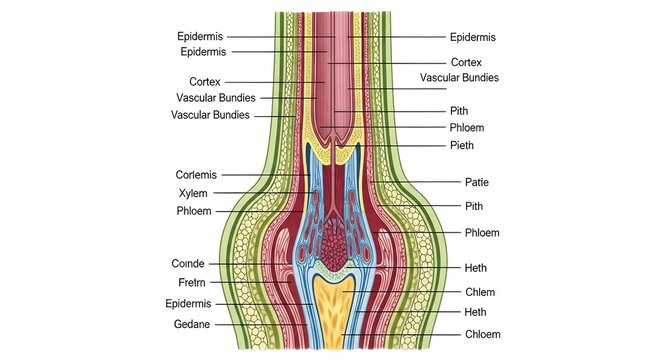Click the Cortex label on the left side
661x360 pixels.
205,81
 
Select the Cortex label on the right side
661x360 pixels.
466,62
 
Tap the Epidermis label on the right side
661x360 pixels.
473,37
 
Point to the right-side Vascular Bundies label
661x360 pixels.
459,77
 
